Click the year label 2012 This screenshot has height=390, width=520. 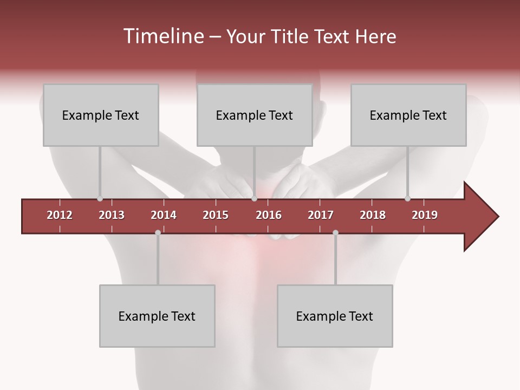[x=60, y=215]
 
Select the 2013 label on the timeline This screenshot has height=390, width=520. [x=112, y=215]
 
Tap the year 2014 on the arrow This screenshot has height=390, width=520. [x=164, y=215]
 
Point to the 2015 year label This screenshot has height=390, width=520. [x=216, y=215]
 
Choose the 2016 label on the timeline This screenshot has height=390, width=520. [x=269, y=215]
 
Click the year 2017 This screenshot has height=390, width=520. [x=321, y=215]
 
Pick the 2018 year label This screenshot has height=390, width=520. [x=373, y=215]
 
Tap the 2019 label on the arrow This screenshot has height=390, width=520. [x=425, y=215]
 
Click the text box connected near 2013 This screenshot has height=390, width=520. [x=101, y=115]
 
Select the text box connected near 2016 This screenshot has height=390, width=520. [x=255, y=115]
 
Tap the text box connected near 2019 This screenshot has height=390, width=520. [x=408, y=115]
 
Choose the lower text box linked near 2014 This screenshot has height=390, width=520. [x=157, y=316]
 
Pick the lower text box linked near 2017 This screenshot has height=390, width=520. [x=335, y=316]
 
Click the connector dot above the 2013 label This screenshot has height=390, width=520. [x=100, y=199]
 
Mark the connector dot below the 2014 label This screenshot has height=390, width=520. [x=158, y=232]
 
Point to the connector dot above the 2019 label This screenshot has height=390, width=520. [x=408, y=199]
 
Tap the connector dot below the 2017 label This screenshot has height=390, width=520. [x=335, y=232]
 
